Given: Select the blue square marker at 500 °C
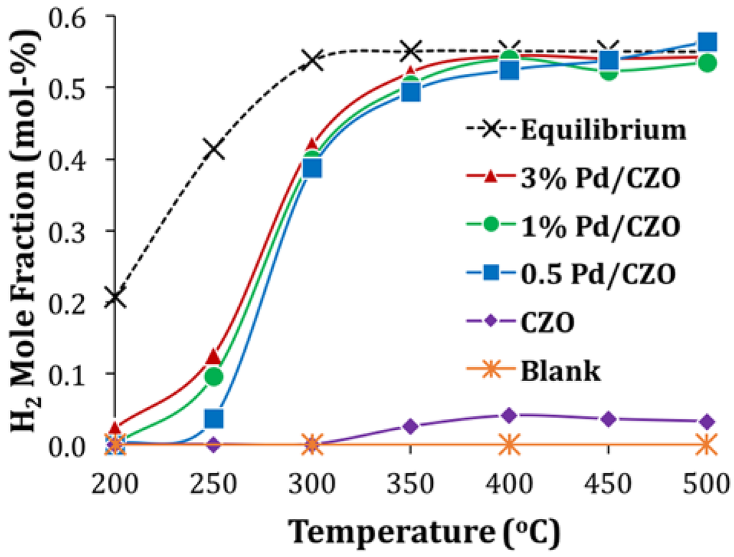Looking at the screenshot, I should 706,42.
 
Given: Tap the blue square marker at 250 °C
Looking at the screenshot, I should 214,418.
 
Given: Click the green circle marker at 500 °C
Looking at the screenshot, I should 706,63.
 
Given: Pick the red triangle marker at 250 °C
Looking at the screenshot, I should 213,357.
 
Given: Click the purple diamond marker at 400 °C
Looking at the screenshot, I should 509,415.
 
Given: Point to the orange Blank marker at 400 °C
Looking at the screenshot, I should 509,445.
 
